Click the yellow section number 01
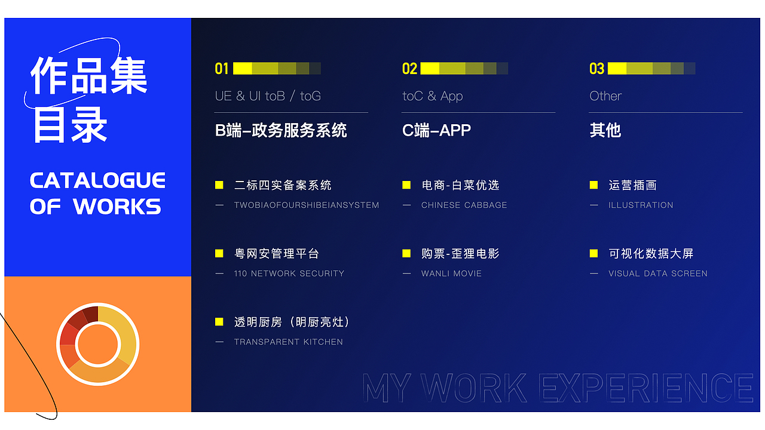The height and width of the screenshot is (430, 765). (222, 69)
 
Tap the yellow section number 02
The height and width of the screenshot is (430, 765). (409, 69)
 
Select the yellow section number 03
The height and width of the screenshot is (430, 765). (597, 69)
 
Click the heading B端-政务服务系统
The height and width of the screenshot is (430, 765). (281, 130)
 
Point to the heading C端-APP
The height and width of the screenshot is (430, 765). (436, 130)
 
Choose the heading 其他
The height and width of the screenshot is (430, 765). (605, 130)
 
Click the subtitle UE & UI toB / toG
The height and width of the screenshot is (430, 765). (268, 96)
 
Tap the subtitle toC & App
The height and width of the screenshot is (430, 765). (433, 96)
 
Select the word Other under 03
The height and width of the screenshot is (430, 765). (605, 96)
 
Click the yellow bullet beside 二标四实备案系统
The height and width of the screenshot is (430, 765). (219, 185)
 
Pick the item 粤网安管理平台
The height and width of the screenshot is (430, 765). (277, 254)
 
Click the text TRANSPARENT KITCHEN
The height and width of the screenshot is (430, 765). (288, 342)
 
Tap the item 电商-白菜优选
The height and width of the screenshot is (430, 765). (460, 185)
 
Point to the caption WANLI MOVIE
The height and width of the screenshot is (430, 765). (451, 274)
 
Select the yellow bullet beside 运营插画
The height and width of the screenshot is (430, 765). (593, 185)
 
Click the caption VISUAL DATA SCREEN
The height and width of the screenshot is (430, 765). (657, 274)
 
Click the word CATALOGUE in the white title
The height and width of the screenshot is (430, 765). (97, 180)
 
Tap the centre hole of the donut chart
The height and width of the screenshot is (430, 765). (99, 344)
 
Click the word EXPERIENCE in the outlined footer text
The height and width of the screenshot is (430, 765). (646, 388)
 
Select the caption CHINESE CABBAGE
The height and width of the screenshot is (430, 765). (464, 205)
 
